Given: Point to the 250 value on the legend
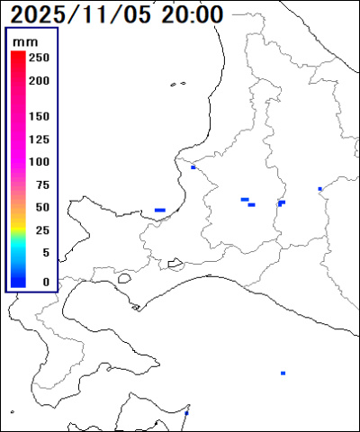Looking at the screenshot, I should coord(39,58).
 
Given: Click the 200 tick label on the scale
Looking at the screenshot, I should coord(39,80).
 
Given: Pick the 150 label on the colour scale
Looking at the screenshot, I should coord(39,117).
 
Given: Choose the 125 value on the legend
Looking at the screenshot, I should coord(39,139).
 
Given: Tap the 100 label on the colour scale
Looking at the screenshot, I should coord(39,162).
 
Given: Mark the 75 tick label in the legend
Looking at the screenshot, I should coord(41,185).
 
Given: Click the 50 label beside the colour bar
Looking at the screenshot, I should coord(41,208).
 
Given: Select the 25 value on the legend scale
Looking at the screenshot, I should coord(41,230).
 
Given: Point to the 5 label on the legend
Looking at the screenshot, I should coord(45,253).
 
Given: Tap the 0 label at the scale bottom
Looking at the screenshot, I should coord(45,282).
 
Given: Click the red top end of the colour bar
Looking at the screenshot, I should coord(18,56).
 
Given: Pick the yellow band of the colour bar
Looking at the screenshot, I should coord(18,216).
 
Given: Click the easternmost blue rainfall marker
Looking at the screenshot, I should coord(319,189).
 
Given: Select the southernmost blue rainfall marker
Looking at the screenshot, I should coord(186,413).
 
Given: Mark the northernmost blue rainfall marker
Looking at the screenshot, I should coord(193,166).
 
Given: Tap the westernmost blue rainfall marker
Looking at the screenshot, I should coord(159,210).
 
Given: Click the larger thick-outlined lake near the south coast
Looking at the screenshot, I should coord(175,264).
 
